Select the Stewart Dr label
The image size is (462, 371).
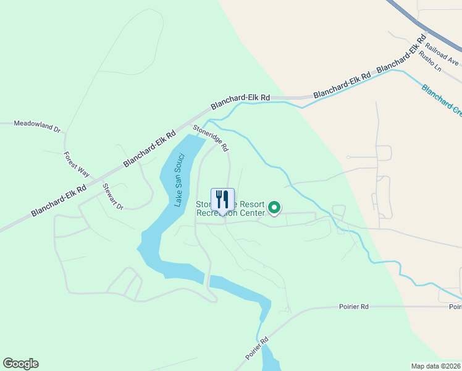[x=113, y=196]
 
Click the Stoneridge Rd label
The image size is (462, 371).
[x=211, y=139]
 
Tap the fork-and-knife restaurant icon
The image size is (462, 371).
[x=223, y=200]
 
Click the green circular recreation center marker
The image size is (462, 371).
[x=274, y=208]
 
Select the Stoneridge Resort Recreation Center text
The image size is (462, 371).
[x=230, y=209]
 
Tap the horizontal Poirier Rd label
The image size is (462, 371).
[x=353, y=306]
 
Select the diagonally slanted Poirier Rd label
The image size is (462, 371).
[x=257, y=349]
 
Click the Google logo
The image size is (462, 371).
[x=20, y=364]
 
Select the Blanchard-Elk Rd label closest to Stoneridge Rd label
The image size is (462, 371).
[x=240, y=101]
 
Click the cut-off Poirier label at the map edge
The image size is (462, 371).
[x=455, y=307]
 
